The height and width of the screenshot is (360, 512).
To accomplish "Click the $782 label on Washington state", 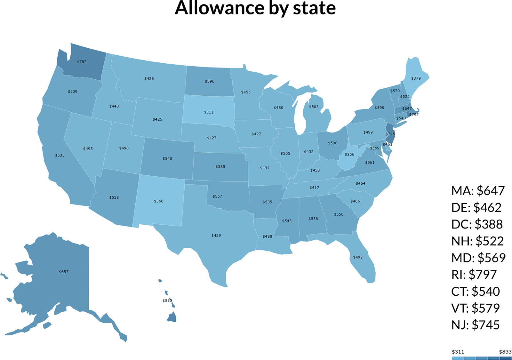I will click(82, 62).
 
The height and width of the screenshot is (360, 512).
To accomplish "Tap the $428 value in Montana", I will click(149, 78).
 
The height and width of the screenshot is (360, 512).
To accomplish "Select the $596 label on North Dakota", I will click(209, 81).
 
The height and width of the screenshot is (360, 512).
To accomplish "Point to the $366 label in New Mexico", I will click(158, 201).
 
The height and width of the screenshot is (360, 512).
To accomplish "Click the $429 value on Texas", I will click(216, 236).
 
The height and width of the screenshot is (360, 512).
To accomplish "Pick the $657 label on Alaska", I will click(64, 272).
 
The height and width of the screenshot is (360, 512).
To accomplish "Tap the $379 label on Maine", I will click(416, 78).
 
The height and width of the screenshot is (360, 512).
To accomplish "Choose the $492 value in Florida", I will click(358, 257).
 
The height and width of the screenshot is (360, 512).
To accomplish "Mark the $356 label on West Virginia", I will click(349, 154).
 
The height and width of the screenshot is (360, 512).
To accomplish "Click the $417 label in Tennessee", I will click(314, 188).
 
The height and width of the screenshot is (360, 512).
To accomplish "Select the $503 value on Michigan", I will click(314, 107).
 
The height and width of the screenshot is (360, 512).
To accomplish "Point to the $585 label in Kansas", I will click(220, 167).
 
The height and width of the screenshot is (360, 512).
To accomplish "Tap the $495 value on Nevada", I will click(88, 149).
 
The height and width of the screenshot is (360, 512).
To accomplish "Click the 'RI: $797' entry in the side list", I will click(478, 275).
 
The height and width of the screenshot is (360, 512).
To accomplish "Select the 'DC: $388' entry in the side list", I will click(477, 224).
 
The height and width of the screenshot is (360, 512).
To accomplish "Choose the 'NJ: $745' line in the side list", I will click(476, 325).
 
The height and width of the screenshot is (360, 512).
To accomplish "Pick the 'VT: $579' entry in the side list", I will click(476, 308).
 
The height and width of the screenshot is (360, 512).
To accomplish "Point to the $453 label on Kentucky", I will click(315, 170).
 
